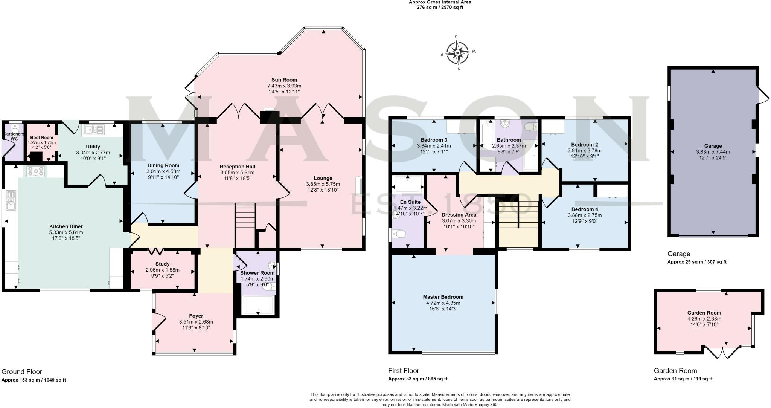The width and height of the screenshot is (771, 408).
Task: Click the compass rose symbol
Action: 458,53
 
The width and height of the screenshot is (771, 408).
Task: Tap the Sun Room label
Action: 284,80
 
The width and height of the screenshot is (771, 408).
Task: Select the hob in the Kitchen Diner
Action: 36,171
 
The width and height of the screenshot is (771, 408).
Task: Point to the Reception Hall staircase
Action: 245,225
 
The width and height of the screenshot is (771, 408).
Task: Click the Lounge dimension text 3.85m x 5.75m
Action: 323,184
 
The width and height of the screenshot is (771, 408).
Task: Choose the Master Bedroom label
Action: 443,297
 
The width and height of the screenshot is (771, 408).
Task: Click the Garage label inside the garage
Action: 713,146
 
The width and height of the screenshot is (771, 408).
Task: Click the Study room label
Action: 163,264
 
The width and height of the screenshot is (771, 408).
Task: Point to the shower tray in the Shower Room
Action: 258,305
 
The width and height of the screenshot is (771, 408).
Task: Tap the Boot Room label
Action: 42,138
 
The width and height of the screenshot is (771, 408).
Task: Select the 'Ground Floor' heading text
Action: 22,372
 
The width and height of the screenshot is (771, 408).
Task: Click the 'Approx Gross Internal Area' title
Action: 440,2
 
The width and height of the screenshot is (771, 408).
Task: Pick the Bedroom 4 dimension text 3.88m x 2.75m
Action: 585,215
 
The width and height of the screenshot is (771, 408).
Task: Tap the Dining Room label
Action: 163,165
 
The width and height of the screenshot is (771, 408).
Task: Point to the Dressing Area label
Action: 459,215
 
